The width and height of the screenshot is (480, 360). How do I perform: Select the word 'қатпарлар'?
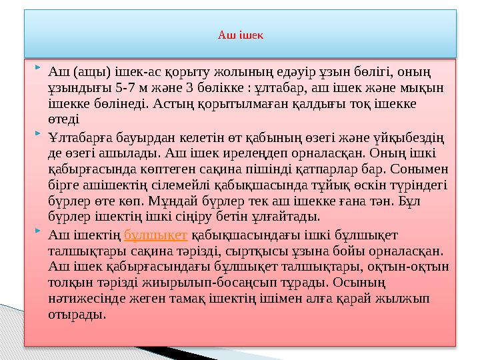click(x=319, y=169)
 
